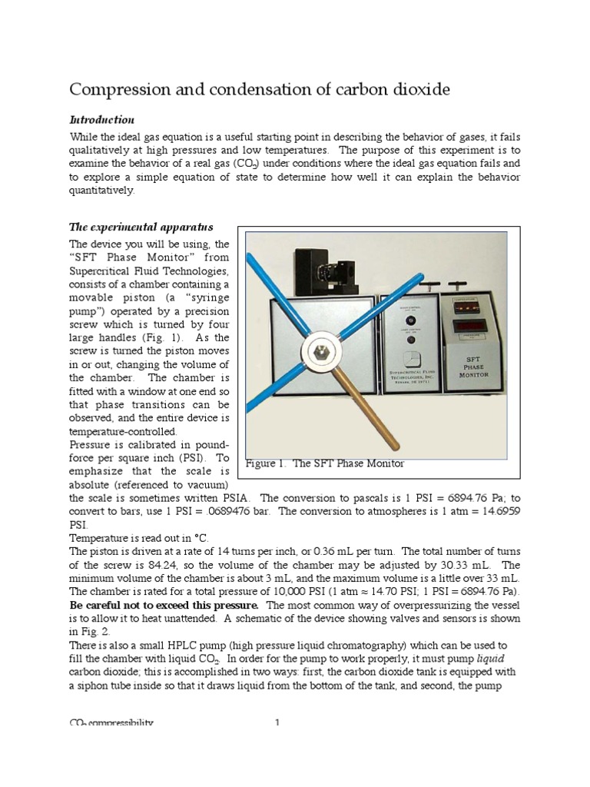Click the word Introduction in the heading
[102, 120]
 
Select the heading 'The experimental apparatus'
[141, 227]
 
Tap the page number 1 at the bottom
[278, 723]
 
